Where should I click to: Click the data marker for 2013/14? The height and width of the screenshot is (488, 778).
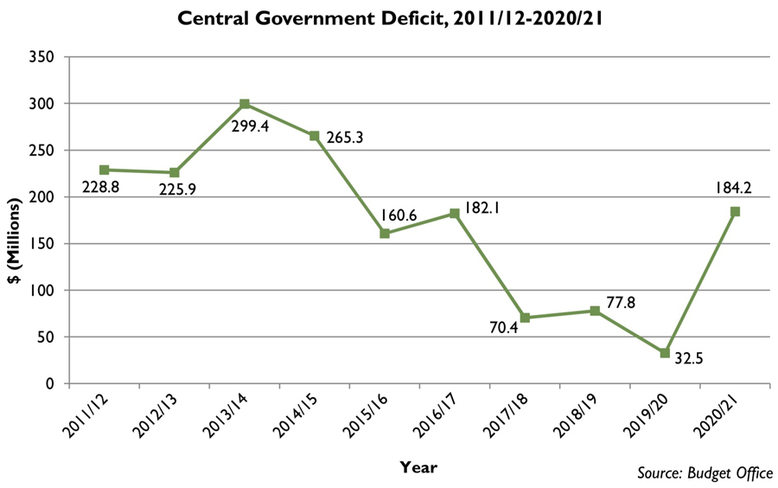pyautogui.click(x=245, y=104)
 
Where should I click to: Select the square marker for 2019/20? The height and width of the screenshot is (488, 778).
pyautogui.click(x=665, y=353)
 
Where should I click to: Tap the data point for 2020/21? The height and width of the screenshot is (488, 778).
pyautogui.click(x=735, y=211)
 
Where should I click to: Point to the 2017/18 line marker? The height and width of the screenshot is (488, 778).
pyautogui.click(x=525, y=318)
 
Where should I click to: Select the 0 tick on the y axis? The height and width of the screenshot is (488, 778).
pyautogui.click(x=50, y=383)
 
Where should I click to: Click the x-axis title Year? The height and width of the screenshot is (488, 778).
pyautogui.click(x=418, y=467)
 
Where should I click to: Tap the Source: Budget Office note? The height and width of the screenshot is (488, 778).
pyautogui.click(x=705, y=472)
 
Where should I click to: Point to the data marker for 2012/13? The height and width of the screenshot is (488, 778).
pyautogui.click(x=175, y=172)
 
